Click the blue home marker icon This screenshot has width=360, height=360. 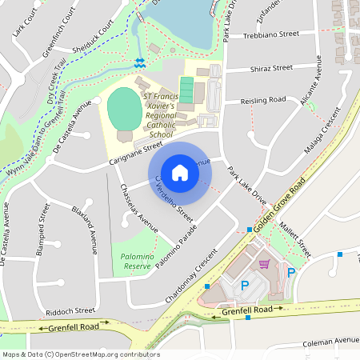pos(180,172)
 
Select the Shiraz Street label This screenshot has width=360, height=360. pos(271,68)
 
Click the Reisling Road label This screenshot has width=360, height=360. pos(263,101)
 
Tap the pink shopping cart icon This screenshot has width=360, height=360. pos(264,264)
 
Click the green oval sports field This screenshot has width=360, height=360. pos(123,107)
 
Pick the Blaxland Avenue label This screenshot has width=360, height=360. pos(83,228)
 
